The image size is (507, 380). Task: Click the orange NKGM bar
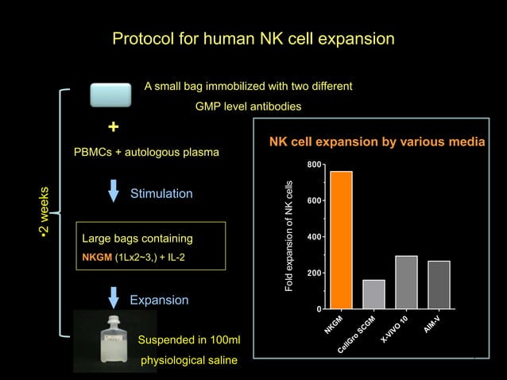341,239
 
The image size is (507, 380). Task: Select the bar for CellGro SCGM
373,293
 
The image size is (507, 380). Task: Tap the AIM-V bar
439,284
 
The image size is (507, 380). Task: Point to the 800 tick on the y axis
315,165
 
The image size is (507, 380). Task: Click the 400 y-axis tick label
315,237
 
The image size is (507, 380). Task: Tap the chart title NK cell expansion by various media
377,142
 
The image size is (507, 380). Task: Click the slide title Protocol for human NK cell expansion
253,38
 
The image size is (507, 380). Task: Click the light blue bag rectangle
110,95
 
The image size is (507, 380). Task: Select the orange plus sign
114,127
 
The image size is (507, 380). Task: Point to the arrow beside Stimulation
114,192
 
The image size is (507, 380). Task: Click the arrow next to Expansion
114,297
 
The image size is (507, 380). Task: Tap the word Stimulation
161,193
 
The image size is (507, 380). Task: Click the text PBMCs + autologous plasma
146,152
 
